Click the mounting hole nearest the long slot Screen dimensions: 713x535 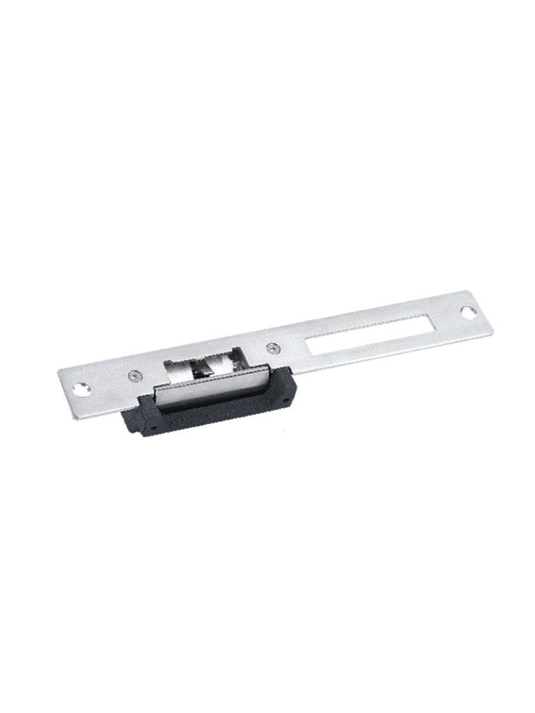[x=469, y=312]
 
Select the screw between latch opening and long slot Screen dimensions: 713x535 [x=272, y=347]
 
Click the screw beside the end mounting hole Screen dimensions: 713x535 [x=132, y=376]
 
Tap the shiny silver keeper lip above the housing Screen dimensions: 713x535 [x=209, y=386]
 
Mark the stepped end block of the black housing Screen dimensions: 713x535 [x=136, y=421]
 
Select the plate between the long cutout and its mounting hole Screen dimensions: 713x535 [x=446, y=320]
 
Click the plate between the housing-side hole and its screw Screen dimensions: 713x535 [x=106, y=384]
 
